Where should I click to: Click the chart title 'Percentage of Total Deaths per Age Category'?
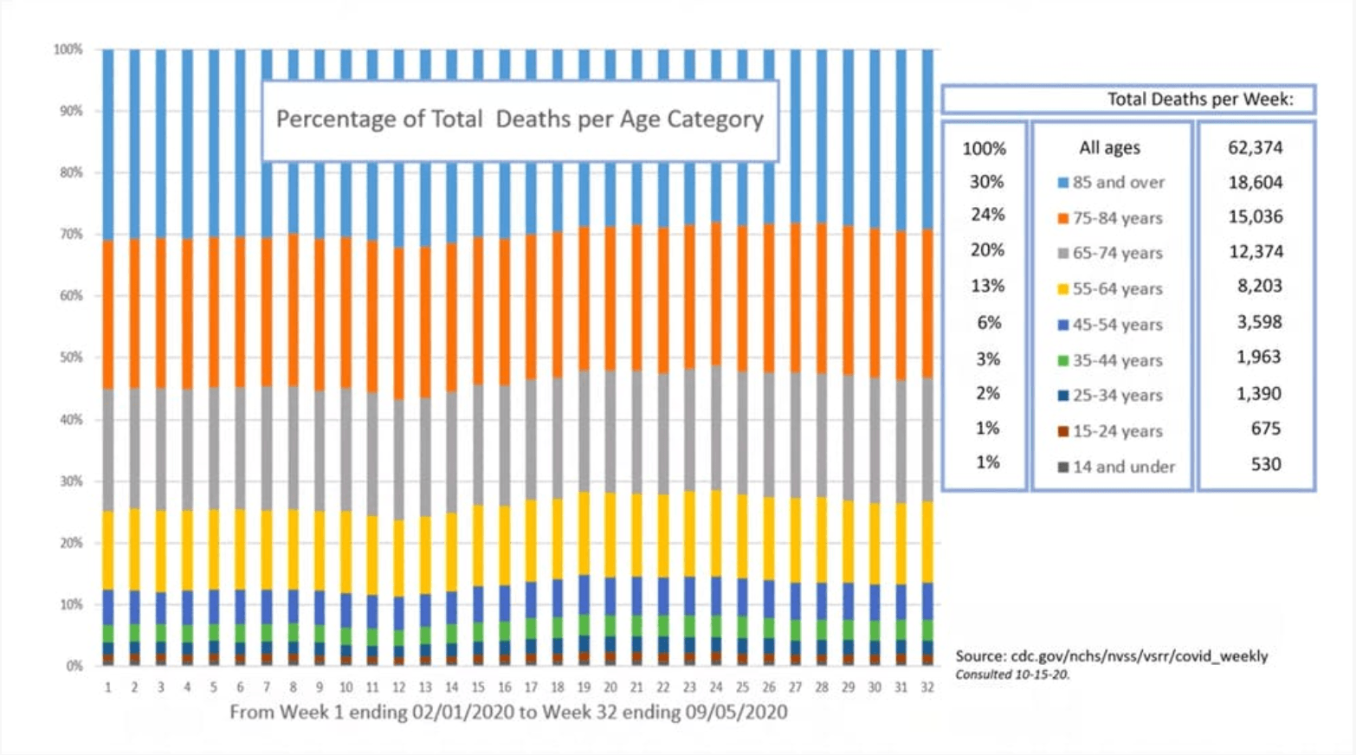520,119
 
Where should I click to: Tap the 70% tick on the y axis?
68,235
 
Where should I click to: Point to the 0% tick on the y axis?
74,666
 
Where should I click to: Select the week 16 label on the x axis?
505,687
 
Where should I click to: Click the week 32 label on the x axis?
927,687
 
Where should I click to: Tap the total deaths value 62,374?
1255,147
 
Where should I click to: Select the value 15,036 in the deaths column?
1255,216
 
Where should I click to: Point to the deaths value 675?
1265,429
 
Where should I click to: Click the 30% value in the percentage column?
985,182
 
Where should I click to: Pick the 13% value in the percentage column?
986,286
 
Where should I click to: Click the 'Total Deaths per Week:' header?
1199,100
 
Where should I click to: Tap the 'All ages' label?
1109,148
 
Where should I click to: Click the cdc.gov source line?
1111,656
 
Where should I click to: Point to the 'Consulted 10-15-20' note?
1012,674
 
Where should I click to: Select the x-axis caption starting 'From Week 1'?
508,713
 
